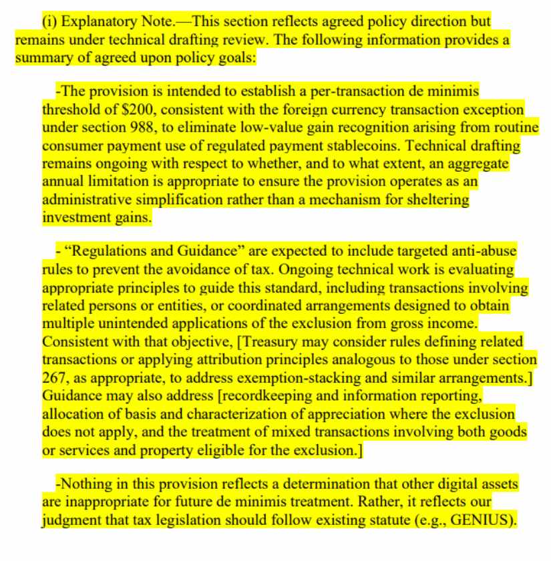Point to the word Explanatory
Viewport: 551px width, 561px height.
pos(90,22)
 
